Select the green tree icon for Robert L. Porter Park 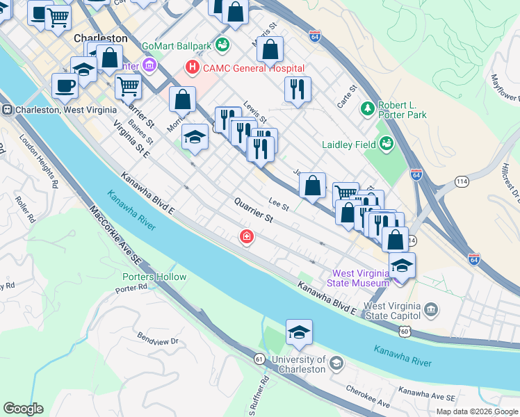(367, 108)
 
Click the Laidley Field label (346, 145)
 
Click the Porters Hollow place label (151, 277)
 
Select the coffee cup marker (65, 86)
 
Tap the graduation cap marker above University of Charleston (299, 333)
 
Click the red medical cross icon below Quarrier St (246, 237)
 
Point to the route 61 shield (259, 359)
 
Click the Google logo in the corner (23, 409)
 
